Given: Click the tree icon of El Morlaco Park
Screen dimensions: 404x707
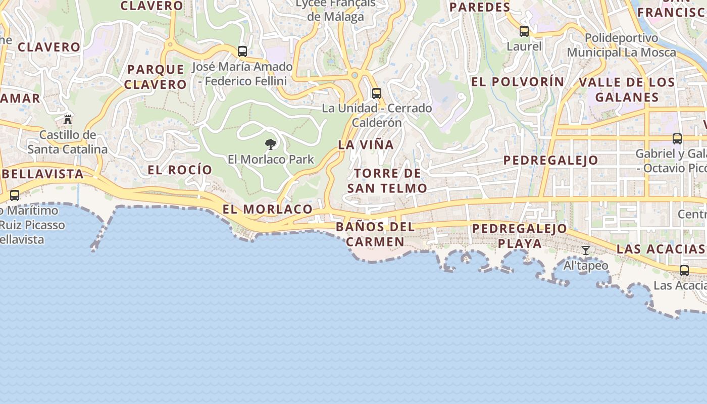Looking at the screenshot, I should coord(271,144).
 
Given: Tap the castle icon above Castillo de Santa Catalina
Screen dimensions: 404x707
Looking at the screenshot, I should coord(68,120).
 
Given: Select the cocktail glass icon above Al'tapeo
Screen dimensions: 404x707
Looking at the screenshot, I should coord(586,250).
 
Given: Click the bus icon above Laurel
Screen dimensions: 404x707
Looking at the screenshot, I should coord(524,31).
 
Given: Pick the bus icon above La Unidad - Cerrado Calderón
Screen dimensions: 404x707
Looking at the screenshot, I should coord(376,93).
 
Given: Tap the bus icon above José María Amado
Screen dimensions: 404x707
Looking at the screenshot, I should coord(242,51).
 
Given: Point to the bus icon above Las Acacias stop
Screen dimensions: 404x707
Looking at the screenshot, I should coord(684,271).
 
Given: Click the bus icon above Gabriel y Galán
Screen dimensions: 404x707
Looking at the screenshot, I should coord(677,139).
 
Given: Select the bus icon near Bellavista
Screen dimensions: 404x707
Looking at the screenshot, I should coord(15,195).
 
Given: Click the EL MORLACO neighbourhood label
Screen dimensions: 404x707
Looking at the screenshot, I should coord(268,209).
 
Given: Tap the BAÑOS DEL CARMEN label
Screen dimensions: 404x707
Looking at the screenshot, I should coord(375,234).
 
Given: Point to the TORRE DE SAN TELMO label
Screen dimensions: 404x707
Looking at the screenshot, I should coord(387,181).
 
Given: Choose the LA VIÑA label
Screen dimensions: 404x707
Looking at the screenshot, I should coord(366,145).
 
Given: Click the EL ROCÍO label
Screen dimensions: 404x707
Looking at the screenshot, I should coord(180,170).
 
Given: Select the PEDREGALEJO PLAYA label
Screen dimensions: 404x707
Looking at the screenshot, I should coord(520,236).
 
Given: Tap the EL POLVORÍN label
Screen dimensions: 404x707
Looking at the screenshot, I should coord(518,82).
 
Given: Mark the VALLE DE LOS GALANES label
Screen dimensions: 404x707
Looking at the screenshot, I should coord(627,90).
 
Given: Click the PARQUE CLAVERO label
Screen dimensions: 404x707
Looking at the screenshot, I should coord(156,77).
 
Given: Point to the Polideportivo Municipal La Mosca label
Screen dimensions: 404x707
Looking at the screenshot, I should coord(621,45).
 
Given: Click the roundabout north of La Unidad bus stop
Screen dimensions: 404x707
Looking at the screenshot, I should coord(355,76).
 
